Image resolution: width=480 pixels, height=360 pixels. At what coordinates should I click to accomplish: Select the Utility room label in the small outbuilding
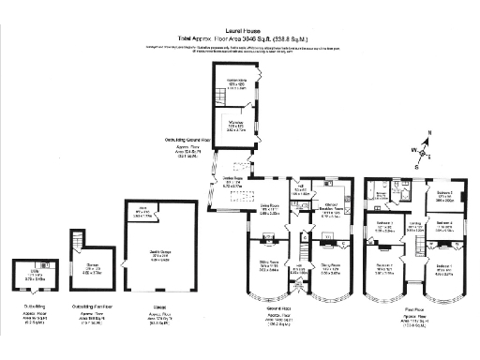[32, 275]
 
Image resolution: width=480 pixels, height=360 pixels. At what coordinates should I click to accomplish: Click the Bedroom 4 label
[443, 223]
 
